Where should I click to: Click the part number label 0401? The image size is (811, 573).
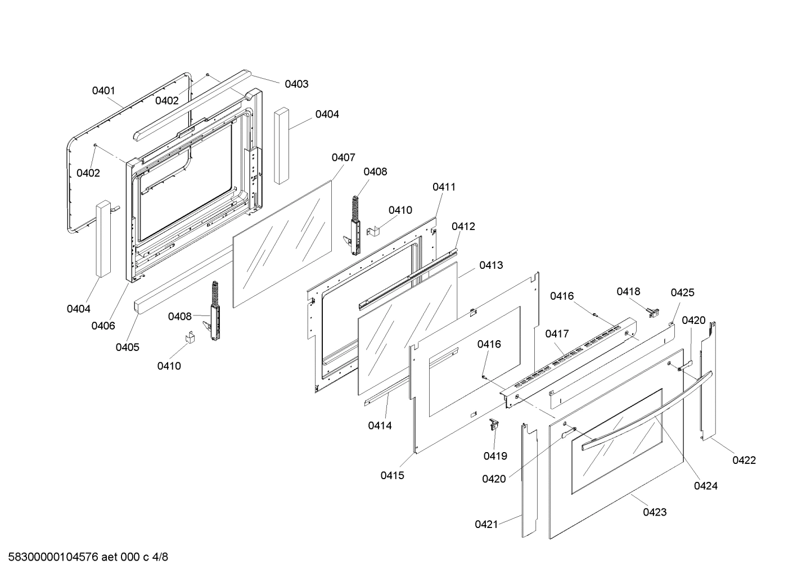pos(103,91)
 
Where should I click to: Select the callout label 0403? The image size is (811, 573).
pos(296,84)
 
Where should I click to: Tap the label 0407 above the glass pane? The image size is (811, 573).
pos(343,157)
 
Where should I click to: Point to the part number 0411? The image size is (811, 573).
pos(444,187)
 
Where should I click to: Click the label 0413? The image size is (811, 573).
pos(491,265)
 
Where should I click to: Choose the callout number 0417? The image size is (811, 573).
pos(557,334)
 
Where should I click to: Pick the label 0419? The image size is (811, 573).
pos(495,456)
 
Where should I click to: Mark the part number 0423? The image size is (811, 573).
pos(655,512)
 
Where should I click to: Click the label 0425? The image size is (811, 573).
pos(682,292)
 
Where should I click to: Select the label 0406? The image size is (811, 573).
pos(103,326)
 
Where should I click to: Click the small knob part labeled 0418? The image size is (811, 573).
pos(653,310)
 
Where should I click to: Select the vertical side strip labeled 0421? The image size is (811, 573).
pos(529,478)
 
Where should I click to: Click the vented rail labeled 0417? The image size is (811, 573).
pos(568,360)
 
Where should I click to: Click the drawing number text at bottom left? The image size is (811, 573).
pos(84,557)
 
